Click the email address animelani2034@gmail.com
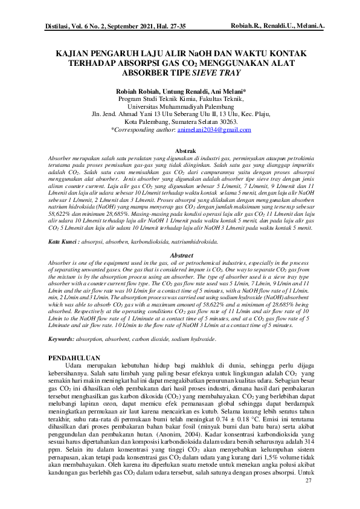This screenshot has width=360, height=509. (214, 129)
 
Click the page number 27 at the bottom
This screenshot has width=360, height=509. (309, 480)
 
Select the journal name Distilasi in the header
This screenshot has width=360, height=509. (60, 27)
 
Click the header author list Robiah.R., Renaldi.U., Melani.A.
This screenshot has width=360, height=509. (278, 26)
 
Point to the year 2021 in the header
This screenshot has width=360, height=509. (136, 27)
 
